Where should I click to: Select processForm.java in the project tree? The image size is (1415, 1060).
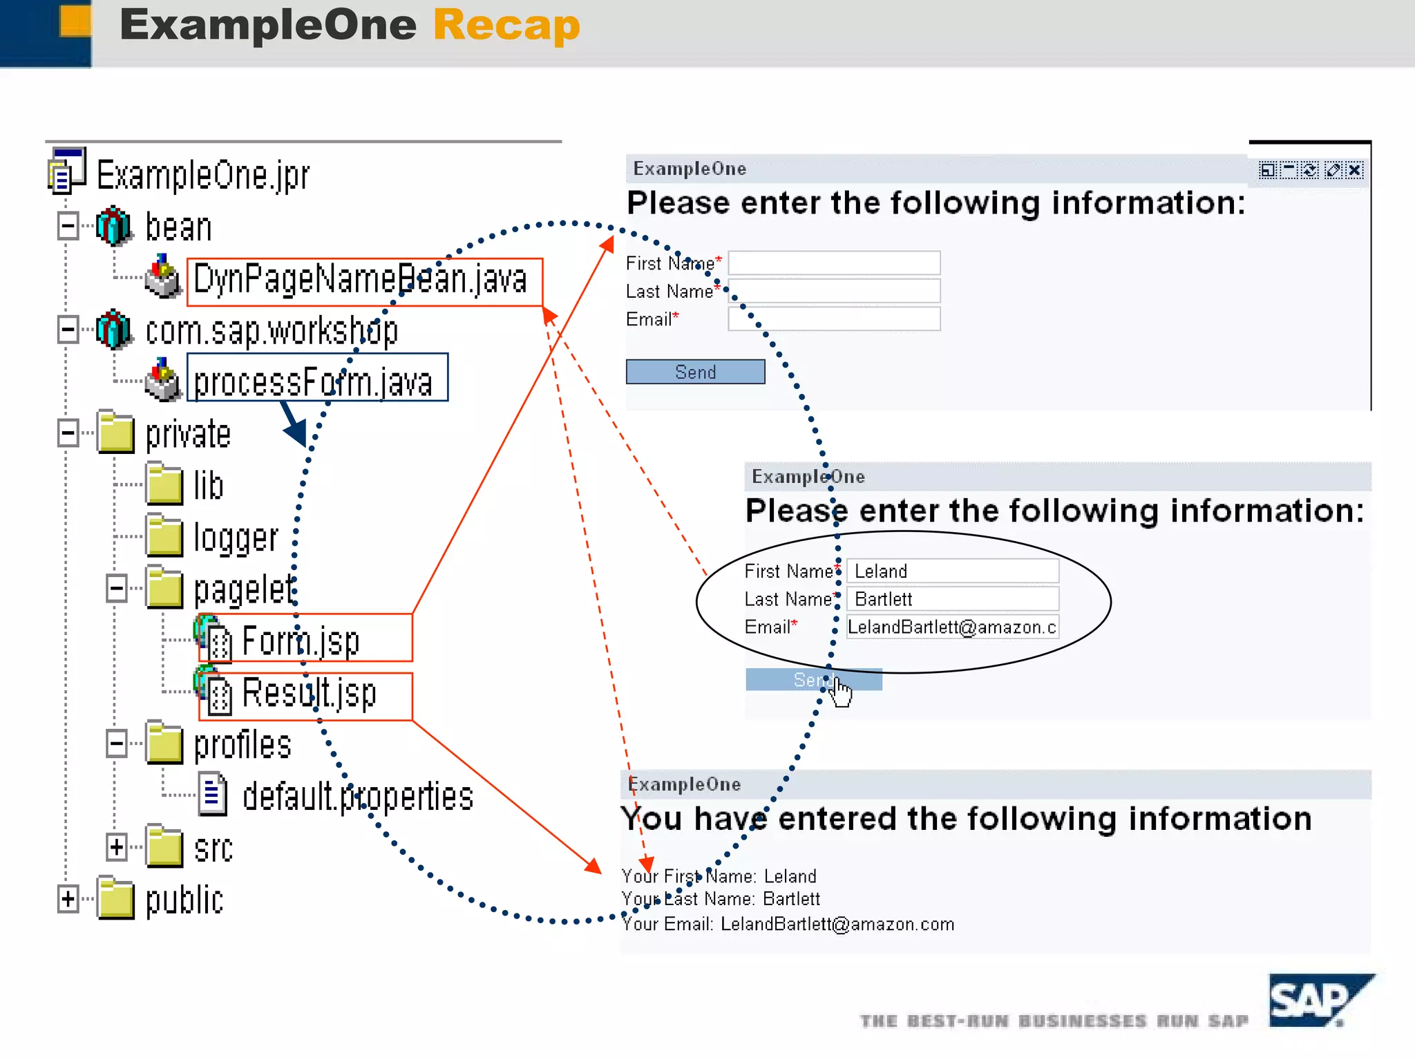(x=314, y=382)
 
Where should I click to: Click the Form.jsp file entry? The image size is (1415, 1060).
(x=301, y=641)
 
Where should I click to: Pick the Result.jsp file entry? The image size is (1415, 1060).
(x=309, y=693)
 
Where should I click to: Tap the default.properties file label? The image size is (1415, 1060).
(x=358, y=797)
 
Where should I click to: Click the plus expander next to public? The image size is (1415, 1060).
(x=68, y=899)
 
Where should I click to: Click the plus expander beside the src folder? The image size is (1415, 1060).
(x=116, y=847)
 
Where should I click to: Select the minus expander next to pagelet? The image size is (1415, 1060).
(x=116, y=589)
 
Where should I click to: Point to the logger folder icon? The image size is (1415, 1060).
(x=164, y=536)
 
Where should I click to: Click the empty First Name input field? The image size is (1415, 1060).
(x=834, y=263)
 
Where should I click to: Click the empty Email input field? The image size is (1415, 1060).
(x=834, y=319)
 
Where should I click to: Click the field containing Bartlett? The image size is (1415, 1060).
(x=952, y=599)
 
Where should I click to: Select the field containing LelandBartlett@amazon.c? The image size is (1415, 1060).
(x=952, y=627)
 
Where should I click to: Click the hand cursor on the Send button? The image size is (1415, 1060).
(x=841, y=690)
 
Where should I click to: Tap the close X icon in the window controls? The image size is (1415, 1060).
(x=1355, y=170)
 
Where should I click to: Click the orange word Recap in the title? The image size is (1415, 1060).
(x=506, y=26)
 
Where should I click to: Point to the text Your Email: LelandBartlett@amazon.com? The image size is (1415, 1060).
(x=788, y=925)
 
